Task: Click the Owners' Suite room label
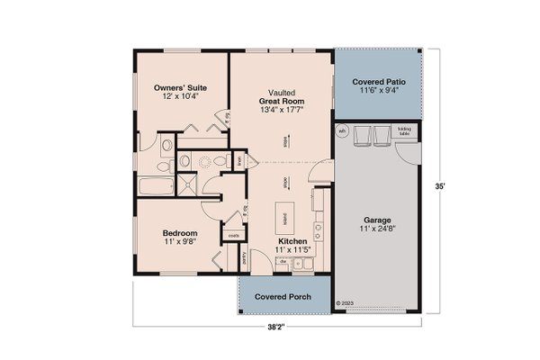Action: tap(180, 87)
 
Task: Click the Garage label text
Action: tap(376, 219)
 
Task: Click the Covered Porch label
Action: tap(283, 296)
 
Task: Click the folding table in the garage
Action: tap(404, 131)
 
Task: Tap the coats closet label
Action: tap(234, 236)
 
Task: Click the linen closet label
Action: tap(240, 161)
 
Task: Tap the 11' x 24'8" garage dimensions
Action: tap(376, 229)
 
